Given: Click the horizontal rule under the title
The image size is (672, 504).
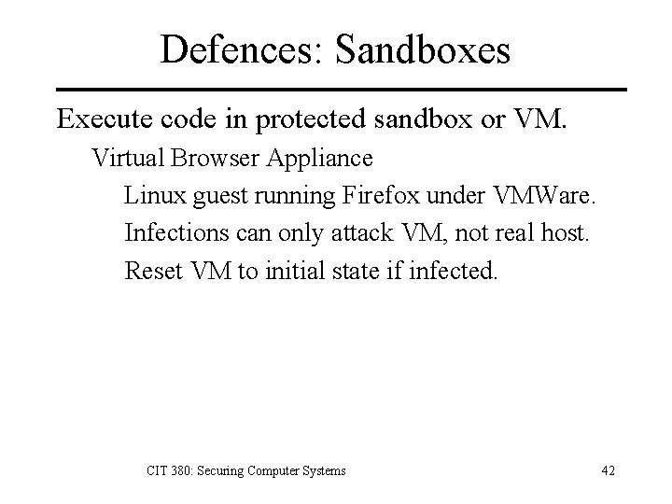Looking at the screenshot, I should (335, 90).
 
